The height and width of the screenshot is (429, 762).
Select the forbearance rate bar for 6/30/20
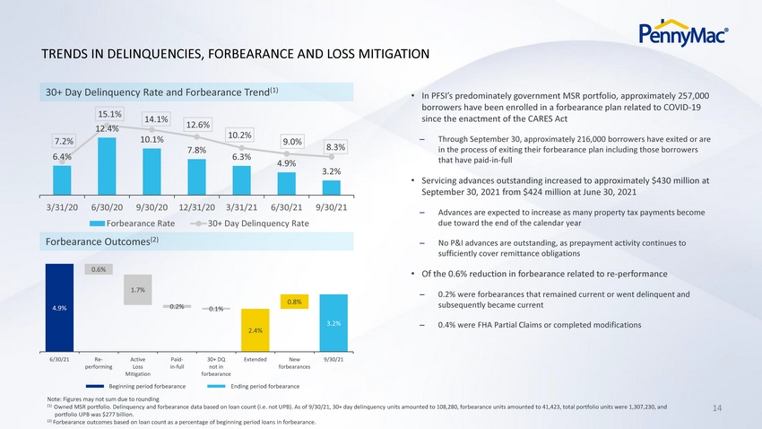click(x=107, y=166)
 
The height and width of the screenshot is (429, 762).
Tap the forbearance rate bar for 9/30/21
click(x=332, y=188)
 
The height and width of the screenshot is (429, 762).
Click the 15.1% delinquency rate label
click(x=110, y=114)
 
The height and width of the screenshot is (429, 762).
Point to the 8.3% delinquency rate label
click(x=336, y=147)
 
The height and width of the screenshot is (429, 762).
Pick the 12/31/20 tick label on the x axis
click(x=197, y=207)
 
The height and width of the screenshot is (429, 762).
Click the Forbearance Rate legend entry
click(x=132, y=223)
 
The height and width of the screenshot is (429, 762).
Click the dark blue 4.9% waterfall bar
click(x=59, y=308)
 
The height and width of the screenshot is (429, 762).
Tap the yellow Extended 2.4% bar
click(x=255, y=329)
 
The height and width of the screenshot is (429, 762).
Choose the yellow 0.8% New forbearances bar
click(x=295, y=302)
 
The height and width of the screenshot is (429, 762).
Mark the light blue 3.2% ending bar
click(x=333, y=323)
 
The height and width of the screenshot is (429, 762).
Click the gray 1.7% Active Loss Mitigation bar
click(x=137, y=290)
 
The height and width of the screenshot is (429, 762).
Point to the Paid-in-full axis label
click(x=177, y=363)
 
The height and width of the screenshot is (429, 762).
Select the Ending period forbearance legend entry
click(x=253, y=386)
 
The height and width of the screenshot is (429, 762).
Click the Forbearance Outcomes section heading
click(x=102, y=241)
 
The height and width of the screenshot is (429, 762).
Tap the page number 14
click(x=717, y=408)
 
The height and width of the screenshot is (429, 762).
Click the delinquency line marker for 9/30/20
click(x=152, y=130)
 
